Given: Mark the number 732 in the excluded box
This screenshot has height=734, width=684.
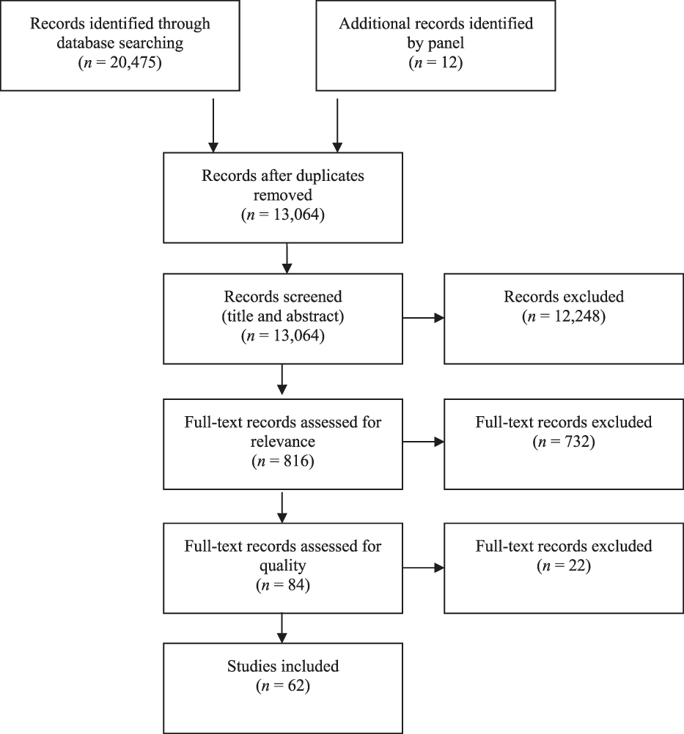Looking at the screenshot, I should click(572, 441).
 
